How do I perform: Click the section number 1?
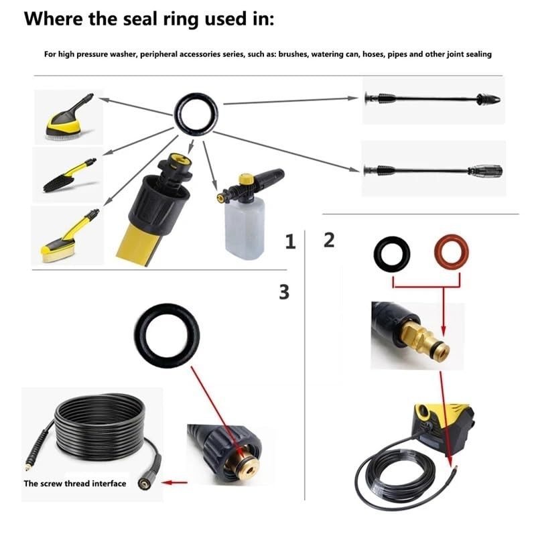pyautogui.click(x=290, y=242)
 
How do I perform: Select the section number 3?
pyautogui.click(x=284, y=291)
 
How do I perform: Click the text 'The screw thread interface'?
pyautogui.click(x=75, y=483)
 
